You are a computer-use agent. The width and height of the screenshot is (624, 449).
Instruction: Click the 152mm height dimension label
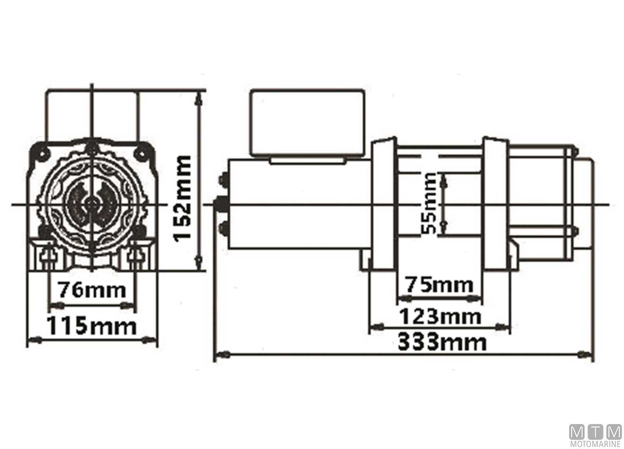tap(183, 198)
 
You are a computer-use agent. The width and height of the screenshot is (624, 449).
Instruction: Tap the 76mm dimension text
tap(92, 290)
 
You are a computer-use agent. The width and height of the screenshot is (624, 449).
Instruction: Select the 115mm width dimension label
tap(91, 326)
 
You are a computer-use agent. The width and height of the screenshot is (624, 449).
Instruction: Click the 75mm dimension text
tap(439, 285)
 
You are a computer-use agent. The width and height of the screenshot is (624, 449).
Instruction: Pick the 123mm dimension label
tap(440, 317)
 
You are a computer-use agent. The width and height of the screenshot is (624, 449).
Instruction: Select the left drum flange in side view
tap(384, 204)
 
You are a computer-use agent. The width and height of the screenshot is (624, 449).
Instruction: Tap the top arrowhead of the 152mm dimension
tap(199, 98)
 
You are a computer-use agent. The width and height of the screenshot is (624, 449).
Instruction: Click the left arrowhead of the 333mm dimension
tap(223, 355)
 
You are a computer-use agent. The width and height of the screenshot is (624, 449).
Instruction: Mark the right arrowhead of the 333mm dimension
tap(585, 355)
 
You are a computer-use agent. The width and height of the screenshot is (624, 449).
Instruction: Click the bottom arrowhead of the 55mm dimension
tap(443, 227)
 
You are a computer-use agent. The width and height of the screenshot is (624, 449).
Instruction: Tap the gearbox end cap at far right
tap(582, 204)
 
